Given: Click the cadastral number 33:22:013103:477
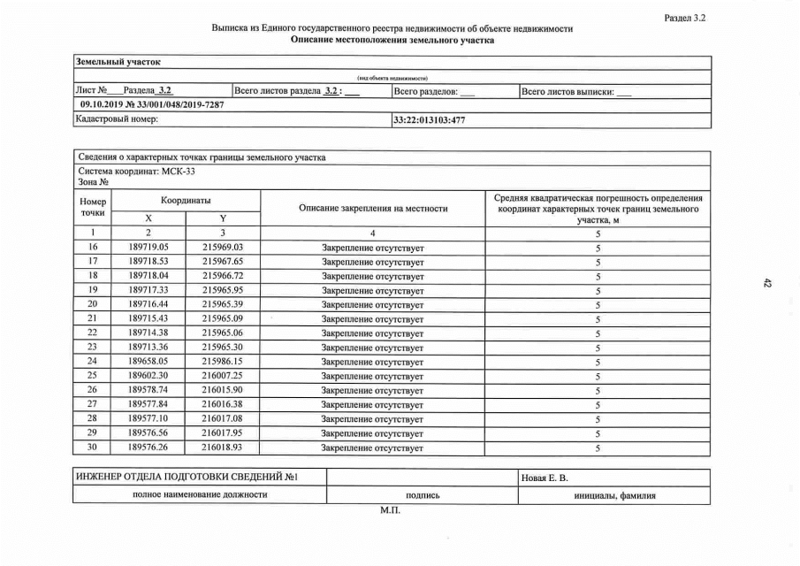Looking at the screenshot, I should coord(429,119).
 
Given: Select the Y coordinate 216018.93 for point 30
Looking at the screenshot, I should coord(222,448).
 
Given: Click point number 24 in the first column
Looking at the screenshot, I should coord(93,362).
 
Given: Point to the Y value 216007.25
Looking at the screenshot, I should coord(222,376).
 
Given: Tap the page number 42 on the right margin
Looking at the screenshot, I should coord(766,283).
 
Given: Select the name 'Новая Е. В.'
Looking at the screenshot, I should coord(545,478).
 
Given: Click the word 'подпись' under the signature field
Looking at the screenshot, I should coord(423,496).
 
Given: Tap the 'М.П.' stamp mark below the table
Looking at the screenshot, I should coord(390,511).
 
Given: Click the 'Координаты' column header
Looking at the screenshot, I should coord(186,202).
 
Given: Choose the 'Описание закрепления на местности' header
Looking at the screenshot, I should coord(373,209).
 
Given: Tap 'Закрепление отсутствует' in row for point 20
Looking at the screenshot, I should coord(372,305).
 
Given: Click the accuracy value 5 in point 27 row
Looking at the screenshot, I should coord(598,405).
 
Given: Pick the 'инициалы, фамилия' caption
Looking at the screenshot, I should coord(614,496).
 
